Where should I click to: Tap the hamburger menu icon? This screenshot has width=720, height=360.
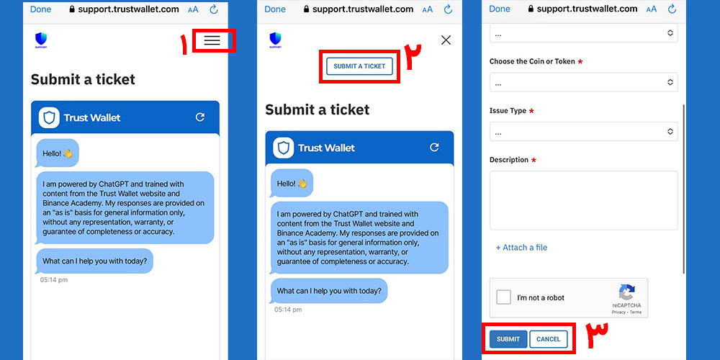click(x=212, y=40)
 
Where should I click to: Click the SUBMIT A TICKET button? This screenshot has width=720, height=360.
click(x=359, y=66)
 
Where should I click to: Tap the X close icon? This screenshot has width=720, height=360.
click(x=446, y=40)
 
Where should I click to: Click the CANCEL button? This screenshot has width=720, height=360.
click(x=548, y=339)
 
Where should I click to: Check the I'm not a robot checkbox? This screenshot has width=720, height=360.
click(x=504, y=297)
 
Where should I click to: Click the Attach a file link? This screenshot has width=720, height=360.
click(x=521, y=248)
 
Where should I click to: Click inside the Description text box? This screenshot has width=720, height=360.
click(x=584, y=200)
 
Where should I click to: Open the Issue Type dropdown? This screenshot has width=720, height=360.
click(x=584, y=132)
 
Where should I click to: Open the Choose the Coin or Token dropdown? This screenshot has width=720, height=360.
click(x=584, y=82)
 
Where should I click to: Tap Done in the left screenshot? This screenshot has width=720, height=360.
click(x=41, y=9)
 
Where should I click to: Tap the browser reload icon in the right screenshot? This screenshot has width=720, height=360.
click(x=672, y=9)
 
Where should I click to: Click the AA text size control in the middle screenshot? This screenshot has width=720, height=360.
click(x=428, y=9)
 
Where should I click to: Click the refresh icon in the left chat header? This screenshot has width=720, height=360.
click(x=200, y=117)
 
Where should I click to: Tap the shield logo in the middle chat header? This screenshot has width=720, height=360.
click(x=283, y=148)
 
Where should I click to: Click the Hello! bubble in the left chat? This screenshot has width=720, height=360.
click(x=57, y=153)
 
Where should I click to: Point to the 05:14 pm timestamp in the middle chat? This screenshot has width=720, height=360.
click(x=289, y=310)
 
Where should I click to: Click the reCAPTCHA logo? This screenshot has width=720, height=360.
click(x=626, y=292)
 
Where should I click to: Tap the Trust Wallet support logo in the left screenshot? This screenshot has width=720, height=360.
click(x=41, y=40)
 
